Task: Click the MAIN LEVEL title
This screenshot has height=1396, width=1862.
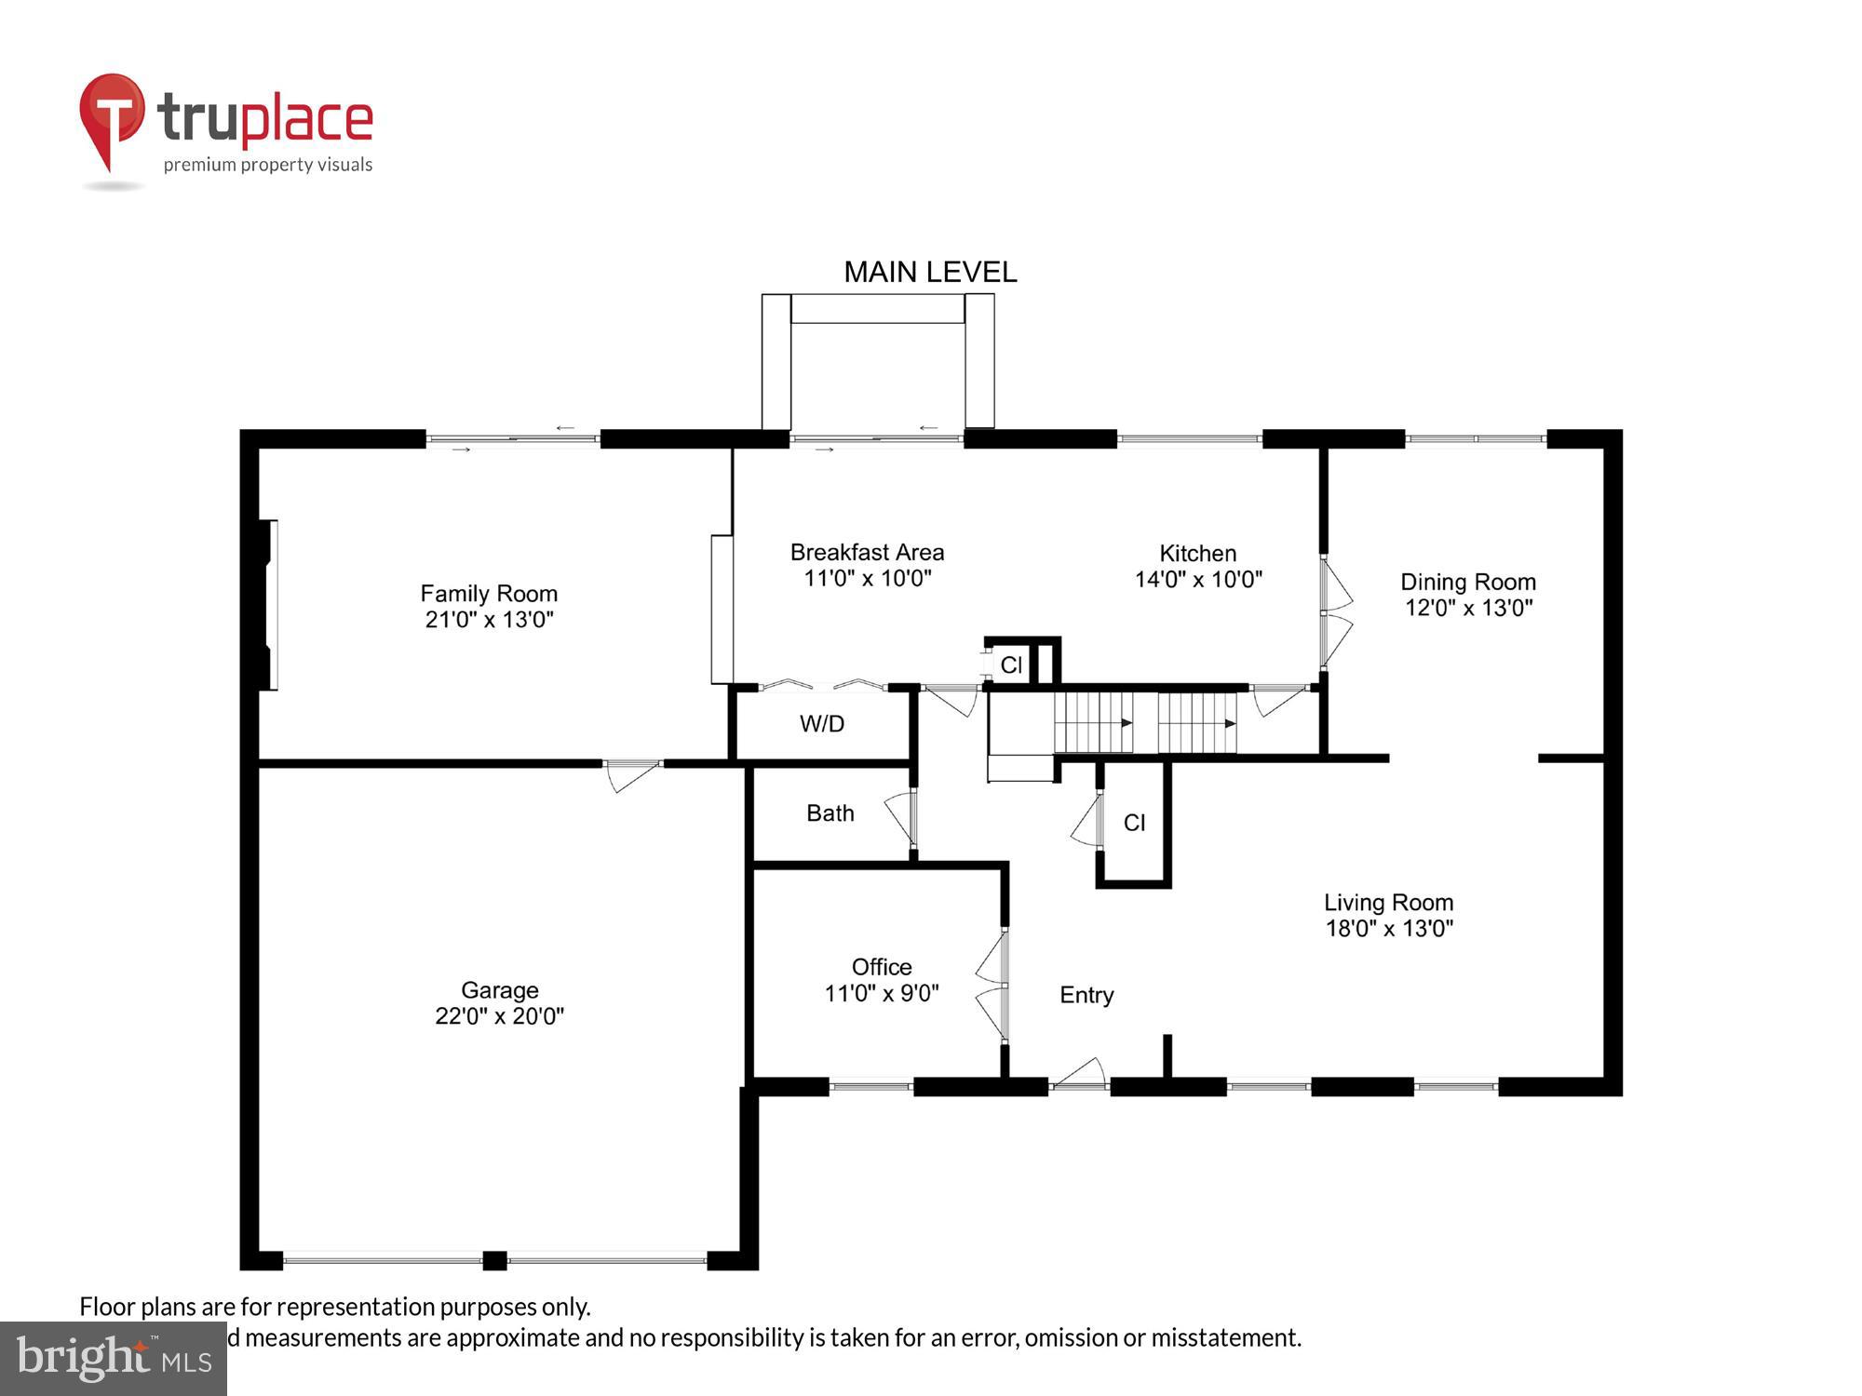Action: [929, 272]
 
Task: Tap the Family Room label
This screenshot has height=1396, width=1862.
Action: [489, 593]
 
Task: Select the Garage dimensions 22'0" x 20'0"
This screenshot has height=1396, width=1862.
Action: [499, 1016]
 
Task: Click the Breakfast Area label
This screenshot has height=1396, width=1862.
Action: [867, 552]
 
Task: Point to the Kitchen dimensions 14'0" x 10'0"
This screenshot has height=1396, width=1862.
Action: [1198, 579]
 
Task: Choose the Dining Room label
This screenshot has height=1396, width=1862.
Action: [1467, 582]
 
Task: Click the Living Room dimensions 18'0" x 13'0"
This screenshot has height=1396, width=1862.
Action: [1389, 928]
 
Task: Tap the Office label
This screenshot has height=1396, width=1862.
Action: [881, 966]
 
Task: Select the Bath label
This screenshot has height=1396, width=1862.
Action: [830, 812]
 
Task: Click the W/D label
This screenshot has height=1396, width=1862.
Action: [821, 723]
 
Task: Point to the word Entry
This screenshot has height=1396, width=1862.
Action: [1086, 995]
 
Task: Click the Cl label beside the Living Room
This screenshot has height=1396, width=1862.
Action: [1134, 822]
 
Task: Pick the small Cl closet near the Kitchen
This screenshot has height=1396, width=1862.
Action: [1011, 664]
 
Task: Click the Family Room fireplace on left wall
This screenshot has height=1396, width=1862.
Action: [266, 604]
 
